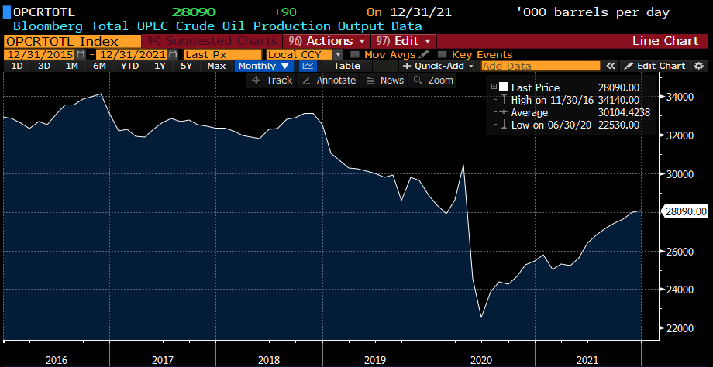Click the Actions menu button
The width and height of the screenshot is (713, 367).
click(x=325, y=40)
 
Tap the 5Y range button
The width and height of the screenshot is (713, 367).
click(x=186, y=66)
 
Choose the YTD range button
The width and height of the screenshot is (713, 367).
click(x=129, y=66)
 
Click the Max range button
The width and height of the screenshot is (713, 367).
click(x=216, y=66)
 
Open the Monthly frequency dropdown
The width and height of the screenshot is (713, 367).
click(x=263, y=66)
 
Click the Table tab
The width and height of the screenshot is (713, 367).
click(x=346, y=66)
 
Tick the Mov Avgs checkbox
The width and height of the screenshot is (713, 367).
click(x=355, y=54)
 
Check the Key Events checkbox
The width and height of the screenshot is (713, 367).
click(x=443, y=54)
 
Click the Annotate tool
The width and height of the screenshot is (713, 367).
click(x=330, y=81)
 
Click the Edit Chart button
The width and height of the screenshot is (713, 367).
click(x=655, y=66)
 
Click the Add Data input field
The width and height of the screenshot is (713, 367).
click(x=540, y=66)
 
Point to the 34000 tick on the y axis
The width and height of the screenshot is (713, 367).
click(x=678, y=97)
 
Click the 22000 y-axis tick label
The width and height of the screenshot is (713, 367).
click(x=678, y=328)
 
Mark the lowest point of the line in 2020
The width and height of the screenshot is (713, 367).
click(x=481, y=317)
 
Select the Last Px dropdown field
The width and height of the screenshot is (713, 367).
click(x=222, y=54)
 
